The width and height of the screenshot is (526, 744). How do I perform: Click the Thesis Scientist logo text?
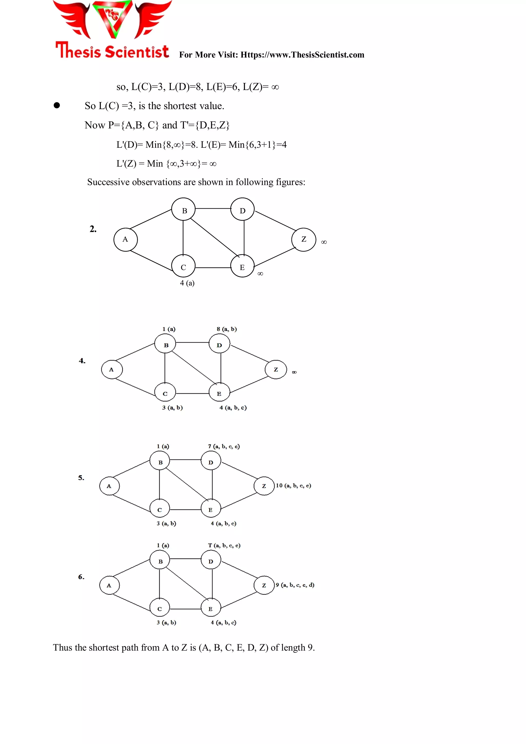(112, 51)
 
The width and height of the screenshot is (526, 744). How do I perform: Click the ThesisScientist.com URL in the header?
(302, 55)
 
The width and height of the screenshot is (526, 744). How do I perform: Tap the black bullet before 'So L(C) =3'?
(57, 105)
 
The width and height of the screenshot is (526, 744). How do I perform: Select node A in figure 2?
(125, 240)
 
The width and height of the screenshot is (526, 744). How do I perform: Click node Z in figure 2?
(304, 239)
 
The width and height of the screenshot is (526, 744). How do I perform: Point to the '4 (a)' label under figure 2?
(187, 283)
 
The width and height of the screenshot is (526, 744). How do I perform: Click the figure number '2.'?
(93, 229)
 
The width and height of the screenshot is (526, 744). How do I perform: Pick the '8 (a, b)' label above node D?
(227, 329)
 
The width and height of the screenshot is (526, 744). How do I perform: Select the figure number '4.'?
(82, 361)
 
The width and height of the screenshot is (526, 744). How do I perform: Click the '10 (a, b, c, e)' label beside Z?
(294, 485)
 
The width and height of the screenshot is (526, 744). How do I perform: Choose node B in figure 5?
(160, 462)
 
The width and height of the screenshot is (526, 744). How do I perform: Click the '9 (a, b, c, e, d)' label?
(295, 585)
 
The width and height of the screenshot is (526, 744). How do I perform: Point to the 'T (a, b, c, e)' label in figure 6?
(224, 545)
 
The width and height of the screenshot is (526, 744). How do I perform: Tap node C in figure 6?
(159, 609)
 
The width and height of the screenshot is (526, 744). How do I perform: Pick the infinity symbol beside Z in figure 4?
(294, 372)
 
